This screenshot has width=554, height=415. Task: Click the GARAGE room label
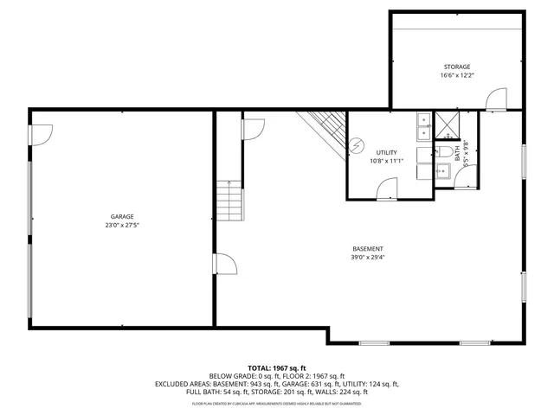point(121,216)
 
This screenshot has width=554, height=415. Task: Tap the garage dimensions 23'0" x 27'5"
point(121,225)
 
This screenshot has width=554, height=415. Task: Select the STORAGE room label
point(456,67)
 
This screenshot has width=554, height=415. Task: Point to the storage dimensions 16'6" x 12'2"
point(456,75)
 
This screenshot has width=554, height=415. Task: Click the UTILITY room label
point(386,152)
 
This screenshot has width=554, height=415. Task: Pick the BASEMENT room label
point(367,248)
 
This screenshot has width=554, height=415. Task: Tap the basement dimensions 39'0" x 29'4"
point(367,257)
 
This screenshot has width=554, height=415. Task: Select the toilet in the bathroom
point(446,152)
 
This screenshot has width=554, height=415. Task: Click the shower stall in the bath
point(448,125)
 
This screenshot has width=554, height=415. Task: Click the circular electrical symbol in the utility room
point(356,146)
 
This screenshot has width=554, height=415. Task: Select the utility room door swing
point(388,188)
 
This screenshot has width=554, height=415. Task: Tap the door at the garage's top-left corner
point(42,134)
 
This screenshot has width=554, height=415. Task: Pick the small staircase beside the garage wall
point(229,201)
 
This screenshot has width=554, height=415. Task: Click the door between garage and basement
point(223,263)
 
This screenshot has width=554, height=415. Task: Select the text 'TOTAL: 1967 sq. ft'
point(277,368)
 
